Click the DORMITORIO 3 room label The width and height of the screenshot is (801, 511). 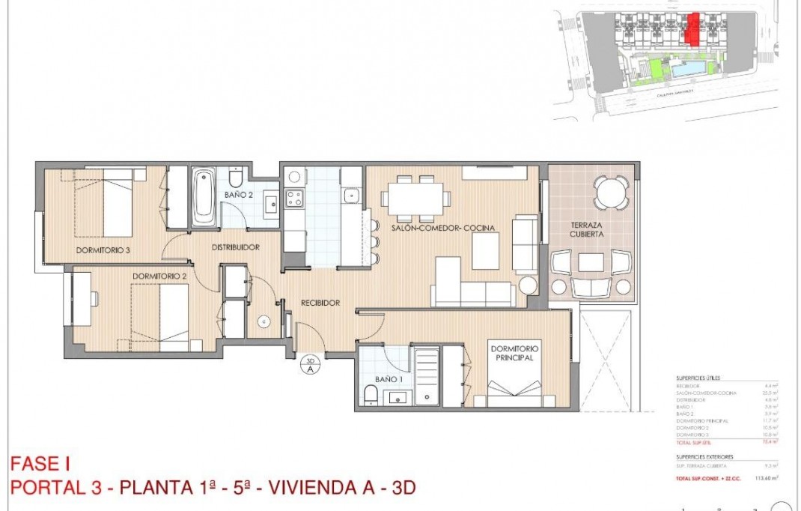point(103,250)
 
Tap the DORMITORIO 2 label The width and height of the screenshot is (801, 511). point(160,276)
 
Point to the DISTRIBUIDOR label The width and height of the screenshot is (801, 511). point(235,247)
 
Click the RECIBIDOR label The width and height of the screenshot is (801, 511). point(320,303)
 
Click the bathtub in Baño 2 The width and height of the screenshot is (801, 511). point(204,198)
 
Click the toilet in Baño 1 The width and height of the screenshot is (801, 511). point(369,396)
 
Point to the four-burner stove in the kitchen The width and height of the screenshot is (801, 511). point(294,199)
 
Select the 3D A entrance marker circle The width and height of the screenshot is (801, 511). point(309,366)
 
